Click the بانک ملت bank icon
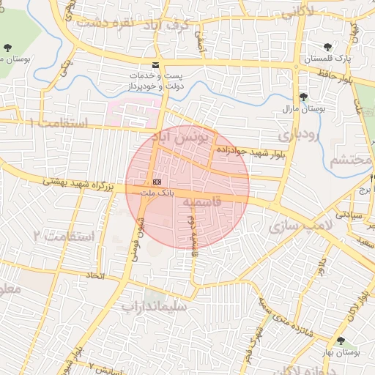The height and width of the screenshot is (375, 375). coord(157,181)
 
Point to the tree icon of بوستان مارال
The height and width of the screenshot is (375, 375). coord(303,97)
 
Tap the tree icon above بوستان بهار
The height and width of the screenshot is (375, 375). coord(340,341)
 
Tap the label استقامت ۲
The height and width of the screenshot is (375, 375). coord(64,236)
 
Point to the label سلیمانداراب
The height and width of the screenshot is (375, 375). coord(157,308)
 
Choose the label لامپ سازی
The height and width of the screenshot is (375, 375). coord(300,226)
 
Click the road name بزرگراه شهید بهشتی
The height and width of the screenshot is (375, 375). coord(73,182)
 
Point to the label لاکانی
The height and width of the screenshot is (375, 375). coord(297,11)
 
